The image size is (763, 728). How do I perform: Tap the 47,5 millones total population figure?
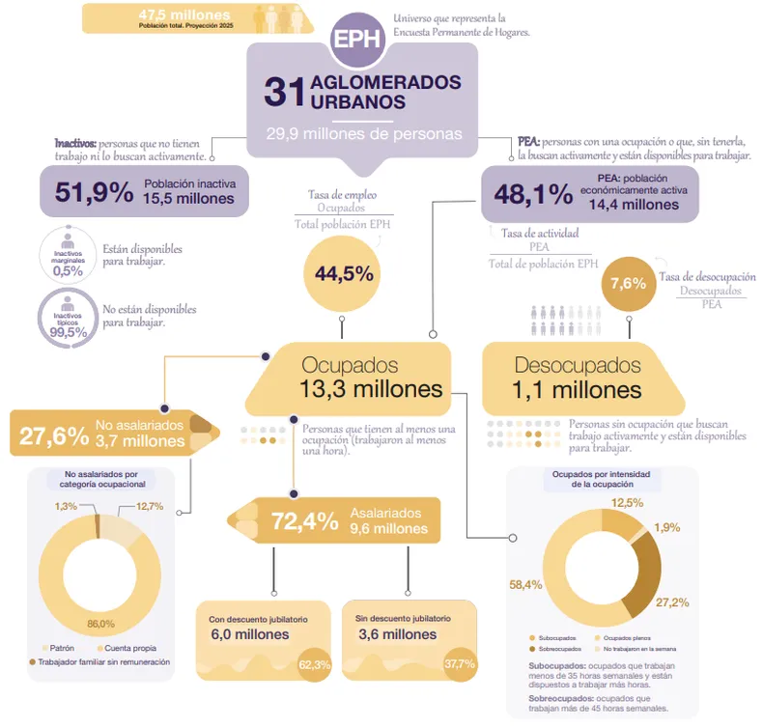pos(184,14)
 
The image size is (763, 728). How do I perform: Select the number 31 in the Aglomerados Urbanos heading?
pos(284,93)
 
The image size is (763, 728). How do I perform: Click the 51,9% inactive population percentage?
pos(94,192)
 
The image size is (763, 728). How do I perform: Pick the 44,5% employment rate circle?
pos(344,273)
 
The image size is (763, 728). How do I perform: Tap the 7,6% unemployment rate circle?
pos(628,284)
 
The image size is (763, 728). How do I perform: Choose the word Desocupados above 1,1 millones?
pos(578,366)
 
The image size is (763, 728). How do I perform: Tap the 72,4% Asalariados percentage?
pos(305,521)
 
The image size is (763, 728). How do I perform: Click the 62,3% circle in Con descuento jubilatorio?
pos(315,664)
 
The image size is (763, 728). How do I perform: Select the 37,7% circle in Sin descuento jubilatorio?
pos(460,664)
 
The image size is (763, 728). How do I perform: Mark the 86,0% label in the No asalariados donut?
pos(100,624)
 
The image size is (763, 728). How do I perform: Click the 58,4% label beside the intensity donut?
pos(526,585)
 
